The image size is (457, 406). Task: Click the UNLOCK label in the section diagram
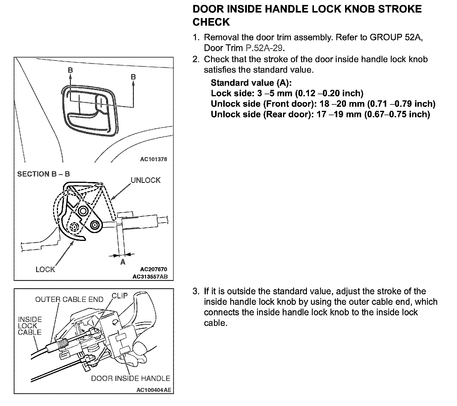pyautogui.click(x=145, y=180)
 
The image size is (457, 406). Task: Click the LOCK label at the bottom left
pyautogui.click(x=45, y=269)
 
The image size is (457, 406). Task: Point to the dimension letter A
pyautogui.click(x=123, y=262)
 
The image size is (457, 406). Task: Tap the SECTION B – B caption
pyautogui.click(x=43, y=174)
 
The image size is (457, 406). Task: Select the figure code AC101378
pyautogui.click(x=154, y=160)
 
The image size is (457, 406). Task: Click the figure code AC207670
pyautogui.click(x=154, y=269)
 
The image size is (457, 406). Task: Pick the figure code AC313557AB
pyautogui.click(x=150, y=276)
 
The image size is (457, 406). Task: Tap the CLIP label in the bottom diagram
pyautogui.click(x=120, y=296)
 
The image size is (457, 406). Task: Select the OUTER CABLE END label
pyautogui.click(x=69, y=300)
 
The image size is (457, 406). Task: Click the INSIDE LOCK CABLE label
pyautogui.click(x=30, y=326)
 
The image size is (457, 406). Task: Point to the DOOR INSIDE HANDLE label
pyautogui.click(x=131, y=379)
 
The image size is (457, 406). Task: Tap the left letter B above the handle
pyautogui.click(x=70, y=70)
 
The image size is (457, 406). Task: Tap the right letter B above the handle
pyautogui.click(x=133, y=77)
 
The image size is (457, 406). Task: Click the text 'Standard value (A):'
pyautogui.click(x=251, y=83)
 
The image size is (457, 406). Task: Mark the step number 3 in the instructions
pyautogui.click(x=195, y=291)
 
